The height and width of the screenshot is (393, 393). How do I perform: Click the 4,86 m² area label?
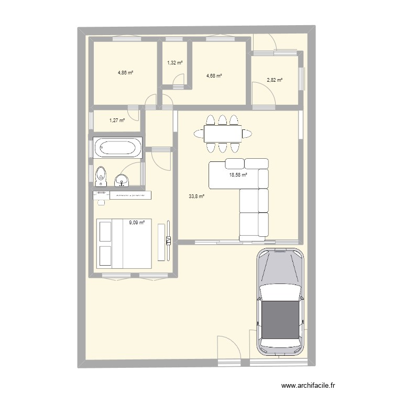[x=125, y=73]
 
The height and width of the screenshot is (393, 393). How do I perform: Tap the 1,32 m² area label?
[x=175, y=63]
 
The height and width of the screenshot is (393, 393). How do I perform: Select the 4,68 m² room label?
[x=214, y=76]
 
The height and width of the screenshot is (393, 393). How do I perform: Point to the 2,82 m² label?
[x=275, y=80]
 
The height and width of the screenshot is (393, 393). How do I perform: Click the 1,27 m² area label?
[x=117, y=121]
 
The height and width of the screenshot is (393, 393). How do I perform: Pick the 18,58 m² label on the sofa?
[x=238, y=176]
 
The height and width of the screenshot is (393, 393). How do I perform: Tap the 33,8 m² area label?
[x=196, y=197]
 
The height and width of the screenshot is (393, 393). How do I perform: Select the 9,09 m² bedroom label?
[x=137, y=222]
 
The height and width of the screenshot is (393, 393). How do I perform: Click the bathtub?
[x=117, y=147]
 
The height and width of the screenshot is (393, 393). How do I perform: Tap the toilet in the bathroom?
[x=101, y=176]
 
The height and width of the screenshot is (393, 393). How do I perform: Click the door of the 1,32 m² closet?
[x=180, y=80]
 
